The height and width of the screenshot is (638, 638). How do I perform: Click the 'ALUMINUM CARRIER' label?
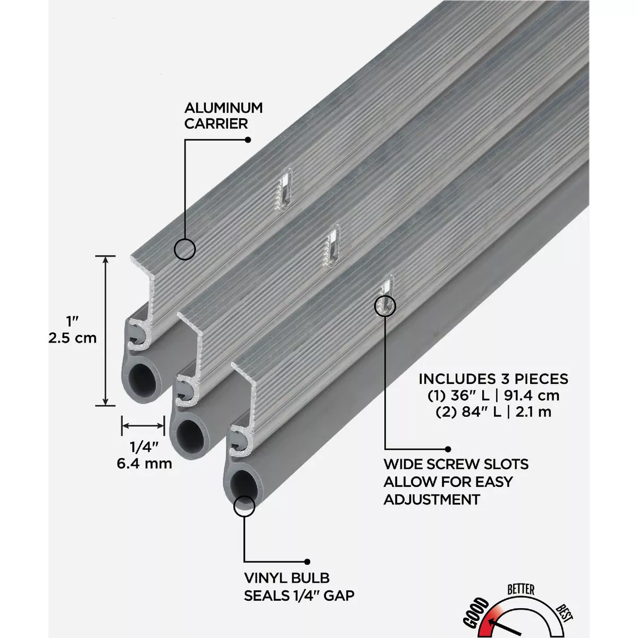[223, 115]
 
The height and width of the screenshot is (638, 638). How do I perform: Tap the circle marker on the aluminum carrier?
[184, 249]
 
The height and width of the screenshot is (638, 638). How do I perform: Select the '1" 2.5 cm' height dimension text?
[72, 330]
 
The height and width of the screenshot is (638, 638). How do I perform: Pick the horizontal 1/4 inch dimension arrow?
[143, 425]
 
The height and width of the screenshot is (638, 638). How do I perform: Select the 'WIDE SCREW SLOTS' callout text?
[456, 464]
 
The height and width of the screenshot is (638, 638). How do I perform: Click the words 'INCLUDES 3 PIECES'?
[493, 379]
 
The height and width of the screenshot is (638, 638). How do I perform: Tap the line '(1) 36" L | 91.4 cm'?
[493, 396]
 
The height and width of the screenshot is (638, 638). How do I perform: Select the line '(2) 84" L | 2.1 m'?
[493, 412]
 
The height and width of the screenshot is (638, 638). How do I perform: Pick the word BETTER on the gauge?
[521, 589]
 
